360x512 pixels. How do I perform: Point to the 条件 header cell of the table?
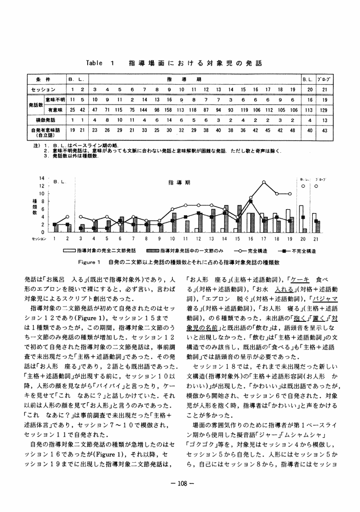click(45, 79)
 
